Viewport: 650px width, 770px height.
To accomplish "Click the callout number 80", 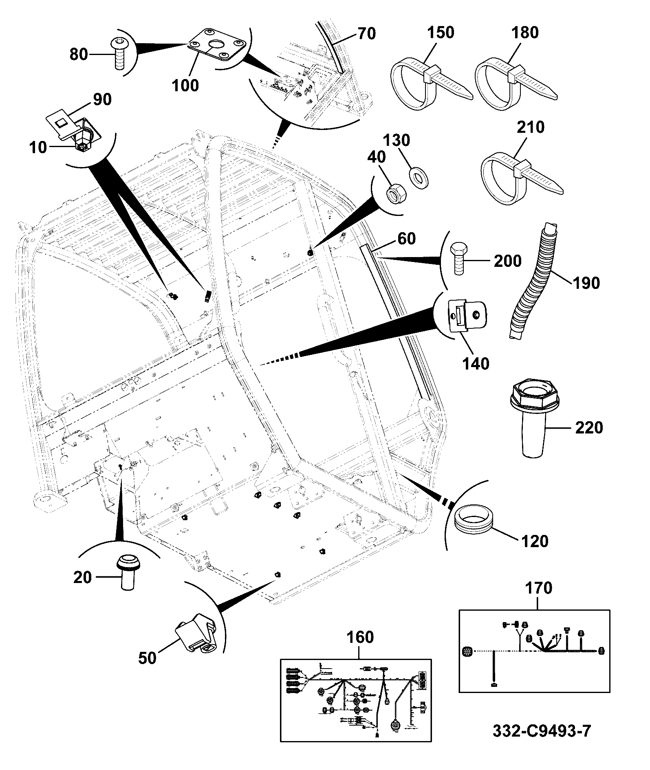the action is (79, 54).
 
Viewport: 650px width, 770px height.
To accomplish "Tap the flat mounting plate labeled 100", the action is (216, 45).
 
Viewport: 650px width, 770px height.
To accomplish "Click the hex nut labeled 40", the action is (394, 194).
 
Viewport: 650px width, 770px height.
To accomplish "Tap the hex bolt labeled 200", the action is (459, 260).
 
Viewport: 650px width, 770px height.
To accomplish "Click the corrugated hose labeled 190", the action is (532, 281).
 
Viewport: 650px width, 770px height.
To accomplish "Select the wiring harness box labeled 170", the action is (534, 651).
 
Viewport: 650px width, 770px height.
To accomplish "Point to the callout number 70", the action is (366, 33).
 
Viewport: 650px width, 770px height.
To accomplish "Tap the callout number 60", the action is (406, 239).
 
